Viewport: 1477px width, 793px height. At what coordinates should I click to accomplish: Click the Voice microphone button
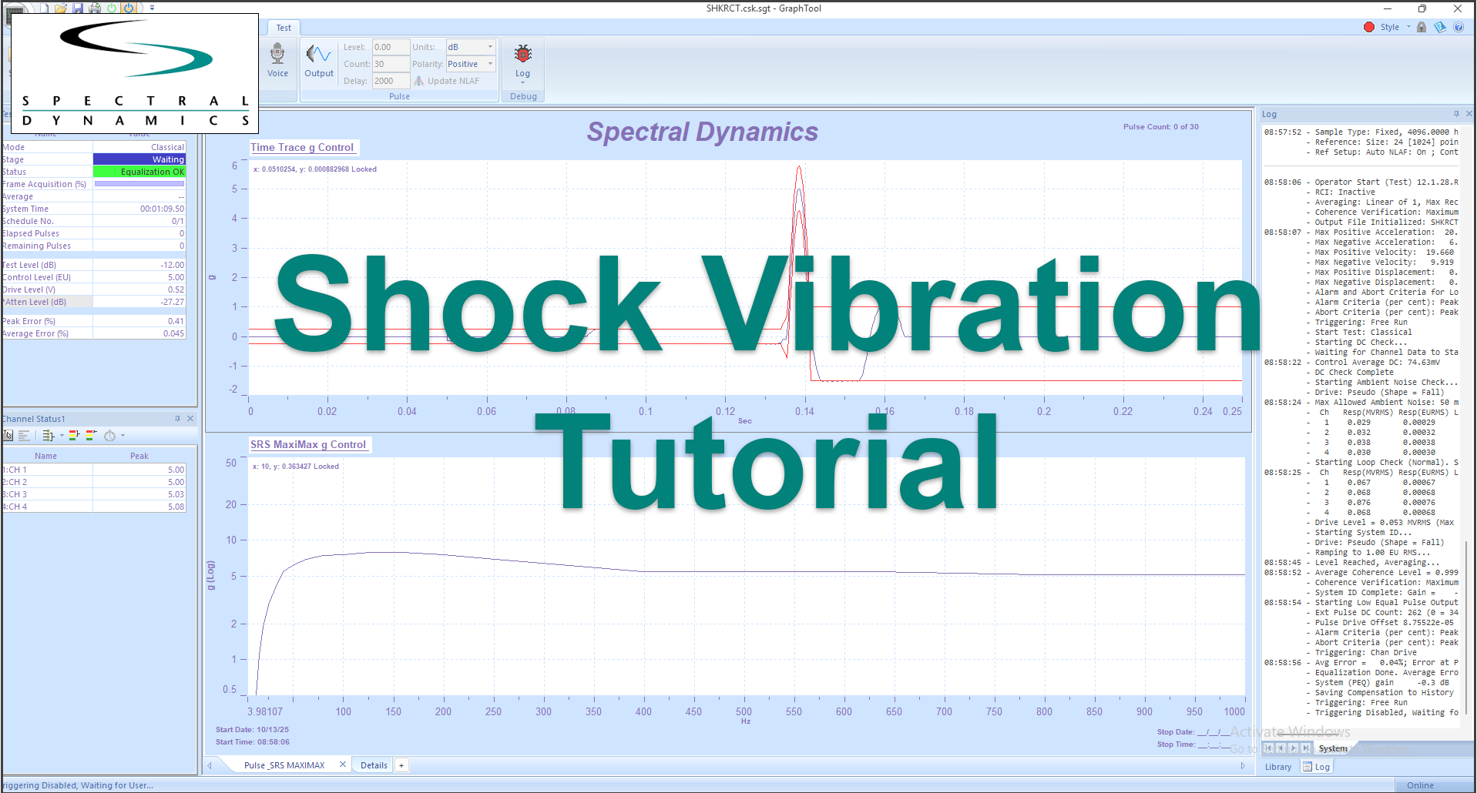click(277, 61)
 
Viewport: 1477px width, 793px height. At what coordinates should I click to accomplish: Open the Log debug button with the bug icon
click(523, 61)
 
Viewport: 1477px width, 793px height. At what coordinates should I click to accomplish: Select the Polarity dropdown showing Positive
click(470, 64)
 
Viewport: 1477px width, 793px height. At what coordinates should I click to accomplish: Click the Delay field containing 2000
click(390, 81)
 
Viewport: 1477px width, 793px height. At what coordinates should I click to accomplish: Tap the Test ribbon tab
click(284, 28)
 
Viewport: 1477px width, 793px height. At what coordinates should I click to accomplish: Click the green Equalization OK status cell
click(139, 172)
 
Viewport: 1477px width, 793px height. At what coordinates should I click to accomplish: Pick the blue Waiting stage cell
click(139, 159)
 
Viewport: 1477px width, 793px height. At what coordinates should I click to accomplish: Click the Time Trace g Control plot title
click(302, 147)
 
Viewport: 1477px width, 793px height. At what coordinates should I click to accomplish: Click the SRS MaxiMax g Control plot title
click(308, 444)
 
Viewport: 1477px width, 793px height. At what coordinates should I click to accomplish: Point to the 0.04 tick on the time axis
click(407, 411)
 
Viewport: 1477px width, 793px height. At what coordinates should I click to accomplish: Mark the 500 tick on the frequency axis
click(744, 711)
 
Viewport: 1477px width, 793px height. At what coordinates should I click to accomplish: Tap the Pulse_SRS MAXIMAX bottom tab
click(284, 765)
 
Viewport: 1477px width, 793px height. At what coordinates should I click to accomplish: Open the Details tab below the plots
click(374, 765)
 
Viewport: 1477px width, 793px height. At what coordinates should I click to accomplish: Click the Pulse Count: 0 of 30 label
click(1160, 127)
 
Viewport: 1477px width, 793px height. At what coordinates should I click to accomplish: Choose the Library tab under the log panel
click(1277, 767)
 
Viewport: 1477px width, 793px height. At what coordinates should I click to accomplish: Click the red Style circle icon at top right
click(1369, 27)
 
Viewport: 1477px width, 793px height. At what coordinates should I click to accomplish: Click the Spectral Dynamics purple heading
click(702, 132)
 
